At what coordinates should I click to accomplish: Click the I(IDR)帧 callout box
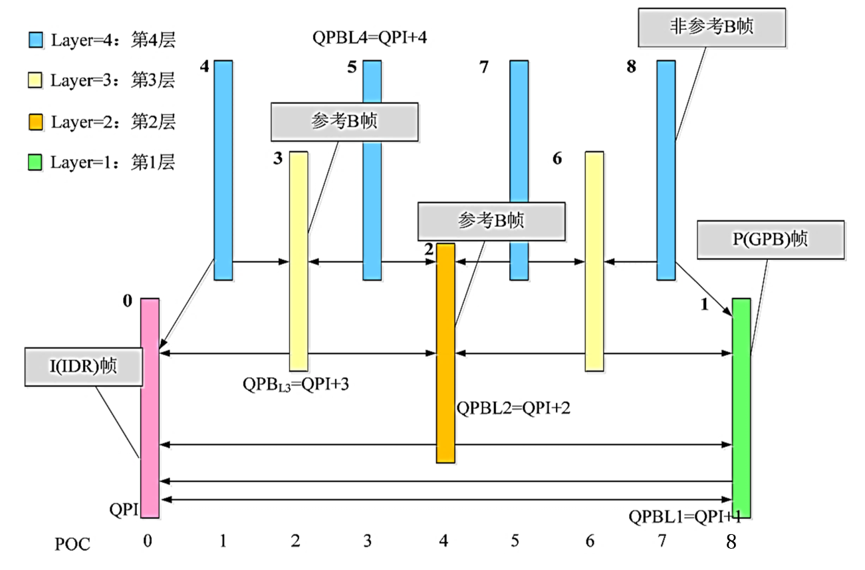84,366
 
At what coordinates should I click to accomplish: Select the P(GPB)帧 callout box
771,240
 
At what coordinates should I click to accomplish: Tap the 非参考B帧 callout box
711,27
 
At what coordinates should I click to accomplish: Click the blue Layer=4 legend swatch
36,40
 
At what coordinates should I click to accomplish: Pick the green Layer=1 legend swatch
36,162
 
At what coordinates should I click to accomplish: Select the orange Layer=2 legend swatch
36,122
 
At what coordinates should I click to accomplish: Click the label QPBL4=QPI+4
369,37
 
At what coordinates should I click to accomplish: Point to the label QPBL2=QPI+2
513,408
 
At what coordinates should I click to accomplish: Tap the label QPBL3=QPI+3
295,384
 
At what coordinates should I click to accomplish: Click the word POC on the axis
72,543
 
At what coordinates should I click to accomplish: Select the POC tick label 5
515,542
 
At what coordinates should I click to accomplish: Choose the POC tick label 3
368,542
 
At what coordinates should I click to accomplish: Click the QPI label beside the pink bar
124,510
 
